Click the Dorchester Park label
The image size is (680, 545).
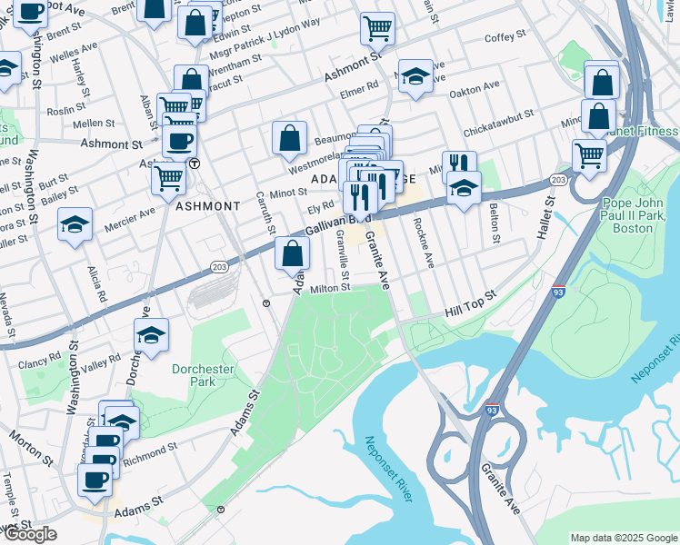click(204, 376)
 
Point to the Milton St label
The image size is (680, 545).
click(330, 288)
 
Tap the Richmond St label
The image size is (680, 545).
click(153, 450)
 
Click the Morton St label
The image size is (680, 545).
click(28, 441)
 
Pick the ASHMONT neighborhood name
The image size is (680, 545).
click(207, 206)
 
